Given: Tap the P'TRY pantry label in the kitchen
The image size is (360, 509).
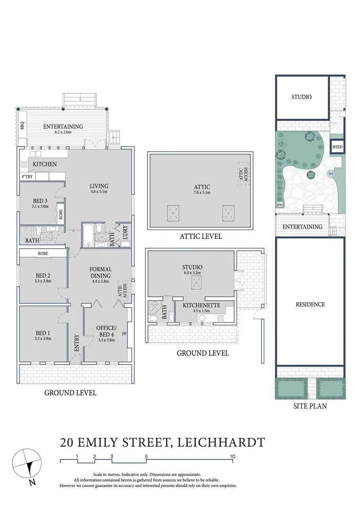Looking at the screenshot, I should [x=26, y=177].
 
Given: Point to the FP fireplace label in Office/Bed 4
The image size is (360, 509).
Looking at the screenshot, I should [x=124, y=334].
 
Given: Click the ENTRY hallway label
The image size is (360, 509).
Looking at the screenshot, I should [x=76, y=343].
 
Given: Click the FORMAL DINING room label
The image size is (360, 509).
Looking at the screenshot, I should [x=100, y=272].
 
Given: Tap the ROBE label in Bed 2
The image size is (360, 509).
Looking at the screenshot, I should [x=43, y=253].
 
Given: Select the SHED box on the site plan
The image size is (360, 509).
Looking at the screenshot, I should [x=337, y=147].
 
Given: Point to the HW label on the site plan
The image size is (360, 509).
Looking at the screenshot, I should [x=279, y=205].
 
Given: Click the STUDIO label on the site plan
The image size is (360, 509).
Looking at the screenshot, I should [x=301, y=97].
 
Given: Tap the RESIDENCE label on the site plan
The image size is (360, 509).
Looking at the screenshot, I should [x=310, y=304].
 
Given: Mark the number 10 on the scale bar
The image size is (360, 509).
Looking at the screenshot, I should [x=232, y=456].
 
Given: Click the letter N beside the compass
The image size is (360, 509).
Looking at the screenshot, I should [x=31, y=483].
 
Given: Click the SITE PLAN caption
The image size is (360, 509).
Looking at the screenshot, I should [x=310, y=406].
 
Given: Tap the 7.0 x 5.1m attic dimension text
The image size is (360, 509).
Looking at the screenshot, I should [x=201, y=193].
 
